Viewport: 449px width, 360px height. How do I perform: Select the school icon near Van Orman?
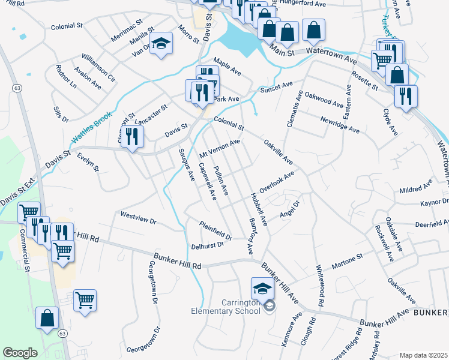tap(161, 43)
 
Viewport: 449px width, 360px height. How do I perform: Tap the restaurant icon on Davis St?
tap(132, 136)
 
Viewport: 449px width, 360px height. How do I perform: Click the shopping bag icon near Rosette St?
tap(397, 76)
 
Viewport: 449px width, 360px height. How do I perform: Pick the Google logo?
tap(20, 353)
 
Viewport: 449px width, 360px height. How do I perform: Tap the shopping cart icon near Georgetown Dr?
tap(85, 299)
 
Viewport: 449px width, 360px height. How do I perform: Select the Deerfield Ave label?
tap(431, 223)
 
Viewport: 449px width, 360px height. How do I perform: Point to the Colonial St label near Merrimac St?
tap(67, 26)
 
